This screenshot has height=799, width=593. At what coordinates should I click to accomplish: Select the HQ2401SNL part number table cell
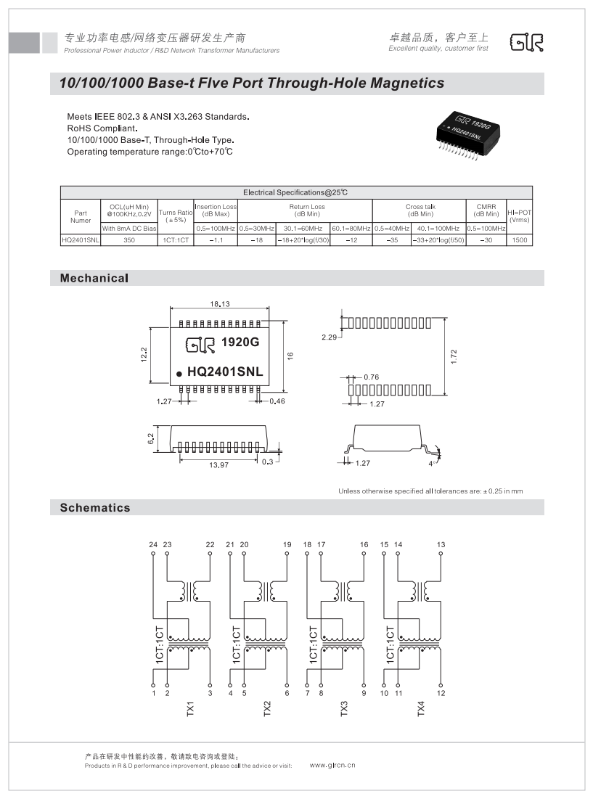pos(81,239)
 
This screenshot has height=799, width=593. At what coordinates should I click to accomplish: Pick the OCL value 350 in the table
pos(129,239)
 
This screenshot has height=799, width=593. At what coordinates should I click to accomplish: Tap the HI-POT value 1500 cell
pos(519,239)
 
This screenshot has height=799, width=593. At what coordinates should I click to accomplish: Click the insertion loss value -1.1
pos(216,239)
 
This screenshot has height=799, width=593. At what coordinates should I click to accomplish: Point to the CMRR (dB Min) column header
pos(486,210)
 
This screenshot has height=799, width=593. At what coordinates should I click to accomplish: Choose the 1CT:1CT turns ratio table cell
pos(176,239)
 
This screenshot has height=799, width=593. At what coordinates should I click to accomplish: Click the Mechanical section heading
pos(94,278)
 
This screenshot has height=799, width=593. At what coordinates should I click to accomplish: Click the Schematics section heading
pos(95,508)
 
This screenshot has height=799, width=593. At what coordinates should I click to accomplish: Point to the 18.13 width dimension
pos(220,304)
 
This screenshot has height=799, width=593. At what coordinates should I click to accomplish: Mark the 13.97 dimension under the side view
pos(218,464)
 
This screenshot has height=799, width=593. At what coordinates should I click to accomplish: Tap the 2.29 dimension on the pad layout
pos(330,337)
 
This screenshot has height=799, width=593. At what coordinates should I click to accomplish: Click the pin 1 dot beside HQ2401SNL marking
pos(178,374)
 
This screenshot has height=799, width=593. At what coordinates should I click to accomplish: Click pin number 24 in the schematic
pos(153,544)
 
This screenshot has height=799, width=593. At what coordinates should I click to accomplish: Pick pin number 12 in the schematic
pos(441,693)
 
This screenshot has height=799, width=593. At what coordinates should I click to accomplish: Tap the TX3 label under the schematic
pos(344,709)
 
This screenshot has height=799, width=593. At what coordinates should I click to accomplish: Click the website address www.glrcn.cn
pos(332,765)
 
